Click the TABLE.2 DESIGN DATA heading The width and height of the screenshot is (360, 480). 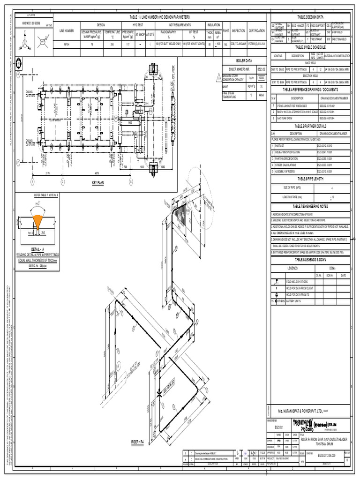310,17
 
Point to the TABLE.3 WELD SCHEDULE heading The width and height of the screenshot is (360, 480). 310,47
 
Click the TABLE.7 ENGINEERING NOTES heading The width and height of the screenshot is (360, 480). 310,206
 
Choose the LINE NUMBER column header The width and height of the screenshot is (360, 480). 67,30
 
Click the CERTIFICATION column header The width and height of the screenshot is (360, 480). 256,30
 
